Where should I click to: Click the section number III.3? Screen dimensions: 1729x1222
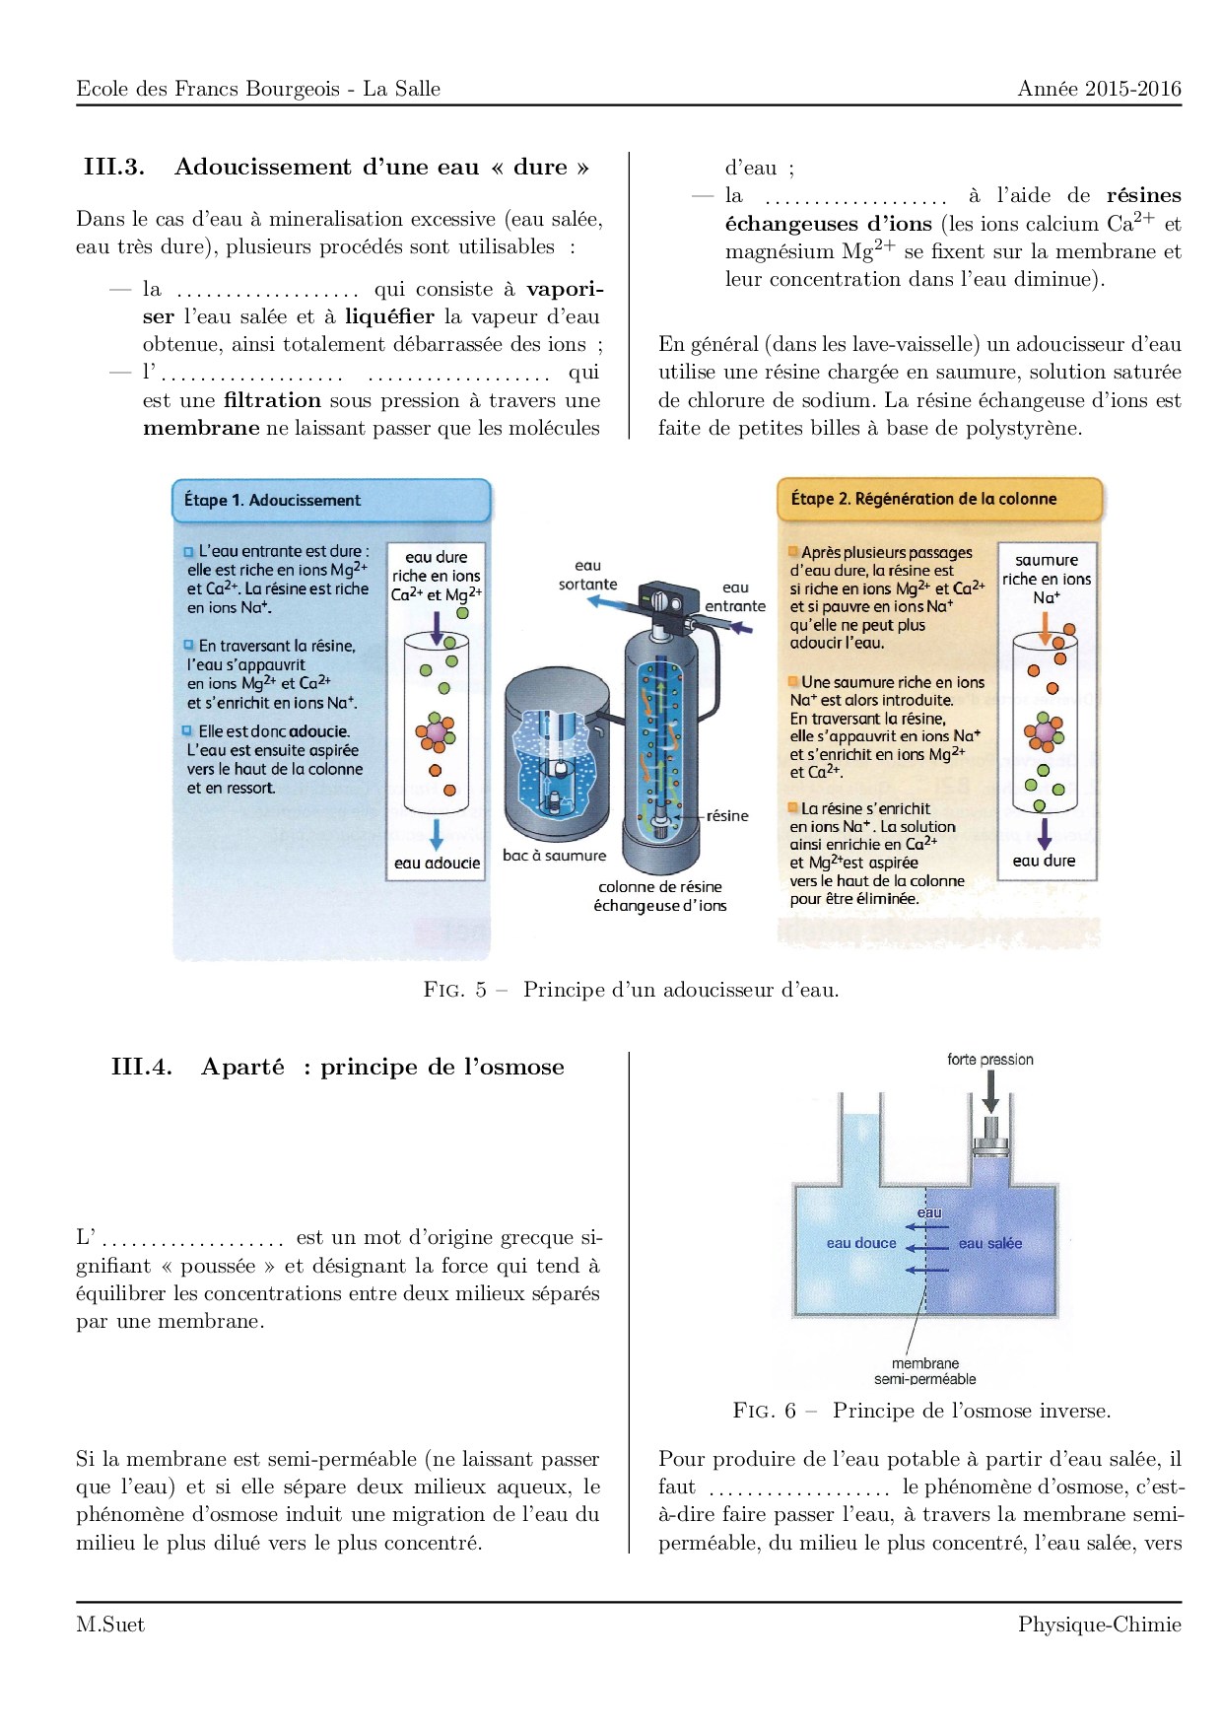coord(114,167)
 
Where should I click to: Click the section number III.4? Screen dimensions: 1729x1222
coord(142,1067)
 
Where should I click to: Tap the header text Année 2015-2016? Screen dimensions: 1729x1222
coord(1099,89)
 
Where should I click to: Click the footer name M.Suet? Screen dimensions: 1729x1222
coord(109,1625)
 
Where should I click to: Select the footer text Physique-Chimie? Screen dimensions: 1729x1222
coord(1099,1625)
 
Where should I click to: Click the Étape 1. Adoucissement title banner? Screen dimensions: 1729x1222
coord(331,500)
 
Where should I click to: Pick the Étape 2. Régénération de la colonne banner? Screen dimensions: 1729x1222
coord(938,499)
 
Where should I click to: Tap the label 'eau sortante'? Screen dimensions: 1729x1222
coord(587,575)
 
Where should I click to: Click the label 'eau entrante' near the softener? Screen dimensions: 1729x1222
coord(735,596)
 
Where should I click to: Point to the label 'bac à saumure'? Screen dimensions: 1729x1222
coord(554,856)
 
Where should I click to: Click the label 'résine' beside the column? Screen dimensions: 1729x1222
coord(727,815)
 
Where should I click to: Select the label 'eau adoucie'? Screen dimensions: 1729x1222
coord(437,863)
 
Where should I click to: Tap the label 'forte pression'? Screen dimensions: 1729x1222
coord(990,1060)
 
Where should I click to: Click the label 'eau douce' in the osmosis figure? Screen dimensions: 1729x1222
coord(861,1243)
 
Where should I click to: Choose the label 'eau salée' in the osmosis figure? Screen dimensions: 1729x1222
coord(990,1243)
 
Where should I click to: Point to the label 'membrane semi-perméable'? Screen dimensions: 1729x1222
coord(925,1371)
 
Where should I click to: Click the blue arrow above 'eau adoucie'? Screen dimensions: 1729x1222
coord(437,833)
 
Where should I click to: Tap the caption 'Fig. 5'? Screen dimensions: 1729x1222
coord(455,990)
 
